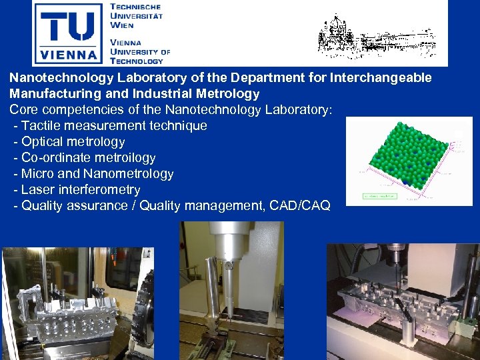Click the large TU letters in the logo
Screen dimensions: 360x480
click(x=68, y=23)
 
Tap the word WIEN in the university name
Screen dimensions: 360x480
click(x=122, y=25)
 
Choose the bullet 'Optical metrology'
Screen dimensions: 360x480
click(x=73, y=141)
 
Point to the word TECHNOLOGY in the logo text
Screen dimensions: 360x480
click(x=136, y=61)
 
